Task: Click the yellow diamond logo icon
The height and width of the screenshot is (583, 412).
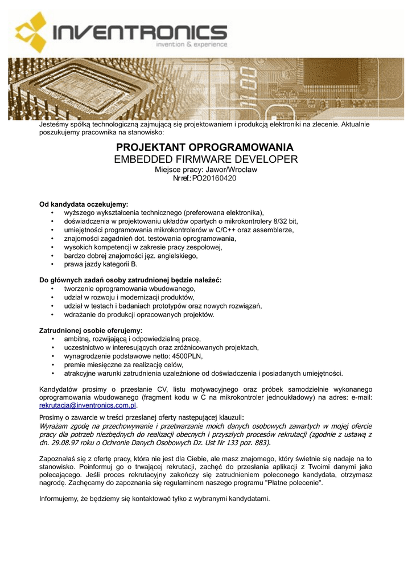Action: pyautogui.click(x=32, y=33)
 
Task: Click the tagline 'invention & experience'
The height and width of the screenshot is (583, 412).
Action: pyautogui.click(x=192, y=44)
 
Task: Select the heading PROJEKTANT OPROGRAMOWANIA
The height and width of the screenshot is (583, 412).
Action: pyautogui.click(x=205, y=147)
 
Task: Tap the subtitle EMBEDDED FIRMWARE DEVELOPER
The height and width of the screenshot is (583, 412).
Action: pyautogui.click(x=205, y=159)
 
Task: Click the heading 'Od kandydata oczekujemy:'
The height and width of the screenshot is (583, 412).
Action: pyautogui.click(x=84, y=203)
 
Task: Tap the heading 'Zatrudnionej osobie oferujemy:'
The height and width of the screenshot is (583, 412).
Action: pyautogui.click(x=90, y=330)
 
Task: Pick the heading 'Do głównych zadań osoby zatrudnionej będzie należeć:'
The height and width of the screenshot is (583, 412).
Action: pyautogui.click(x=130, y=280)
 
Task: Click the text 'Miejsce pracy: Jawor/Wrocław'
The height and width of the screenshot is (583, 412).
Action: pyautogui.click(x=206, y=170)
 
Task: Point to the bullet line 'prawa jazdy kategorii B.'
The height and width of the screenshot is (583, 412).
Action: pyautogui.click(x=101, y=265)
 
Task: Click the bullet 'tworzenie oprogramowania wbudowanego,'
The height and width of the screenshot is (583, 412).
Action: pyautogui.click(x=126, y=289)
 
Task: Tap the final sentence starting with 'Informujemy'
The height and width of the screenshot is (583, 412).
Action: pyautogui.click(x=154, y=499)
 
